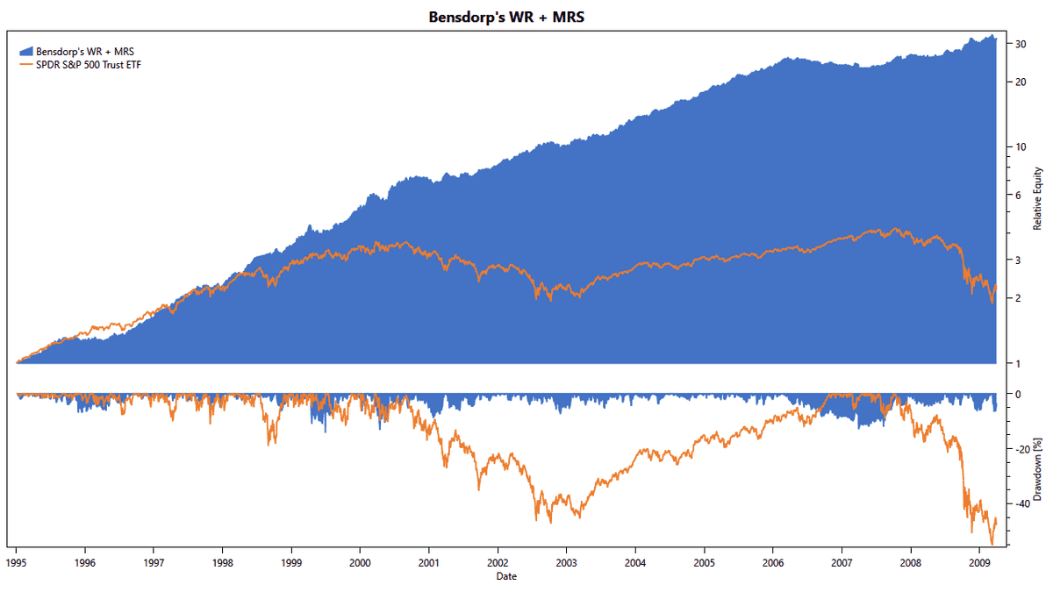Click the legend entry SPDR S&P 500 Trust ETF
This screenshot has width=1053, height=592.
[89, 64]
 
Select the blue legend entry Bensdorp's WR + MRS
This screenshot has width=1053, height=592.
[85, 52]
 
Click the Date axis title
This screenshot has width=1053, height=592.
[505, 576]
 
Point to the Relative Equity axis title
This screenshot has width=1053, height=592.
[1036, 197]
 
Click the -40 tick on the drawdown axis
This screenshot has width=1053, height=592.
[1019, 504]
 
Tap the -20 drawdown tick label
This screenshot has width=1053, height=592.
[1019, 449]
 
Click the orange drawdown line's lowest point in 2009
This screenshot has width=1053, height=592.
[992, 544]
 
